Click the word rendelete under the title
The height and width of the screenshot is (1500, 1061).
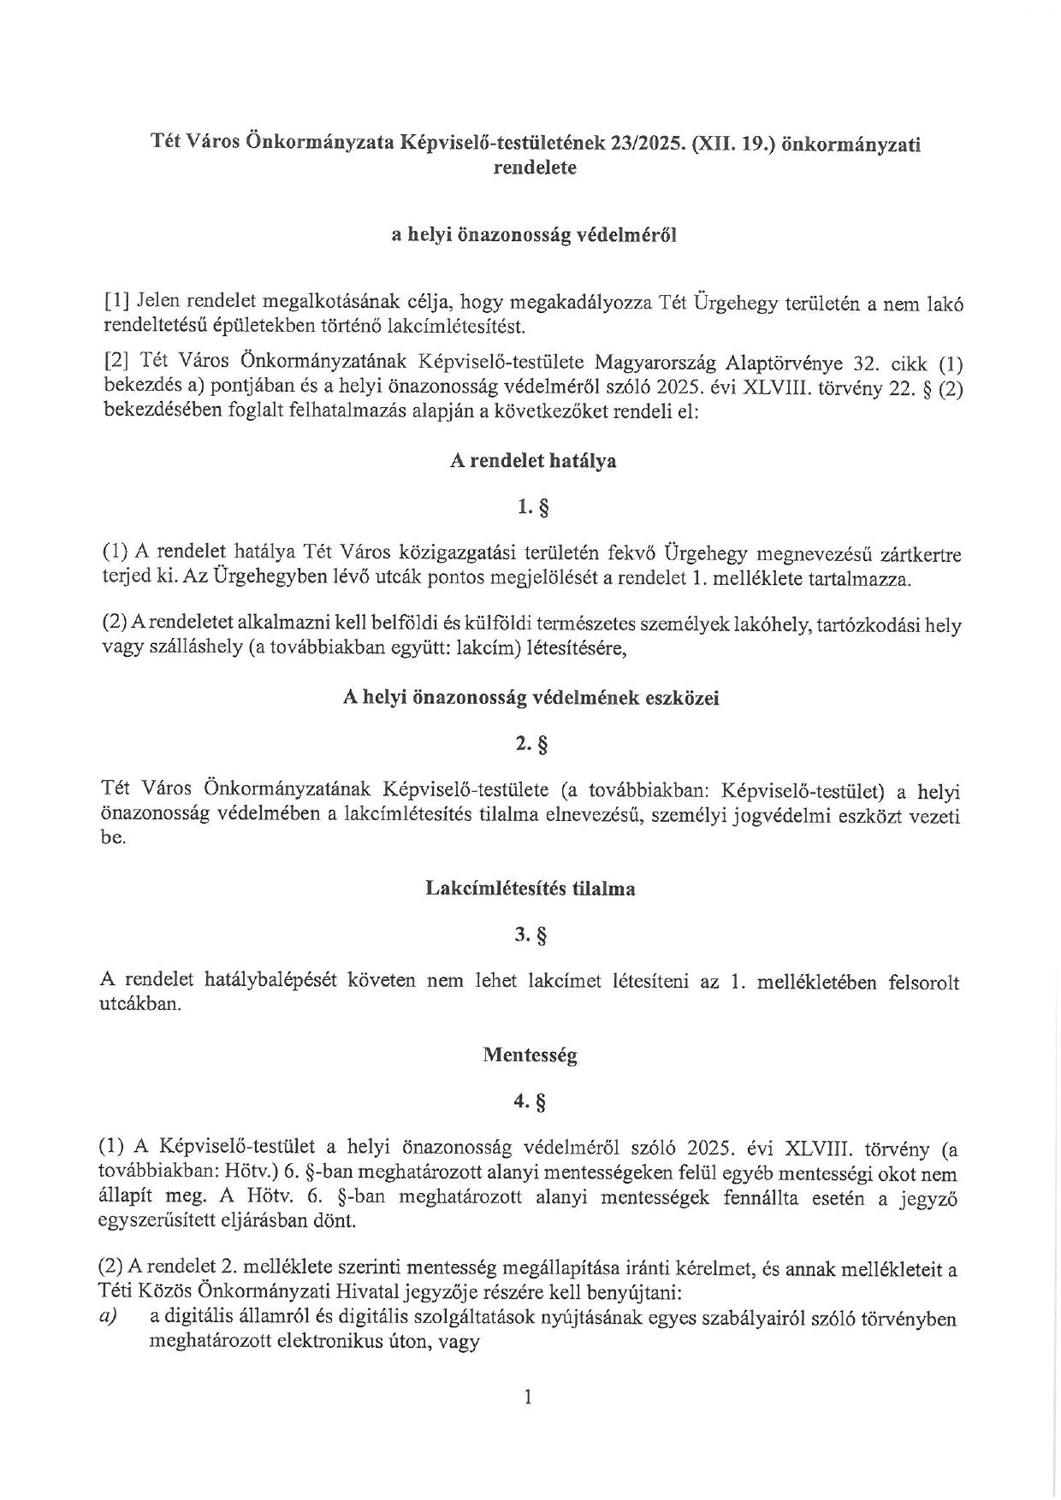click(535, 168)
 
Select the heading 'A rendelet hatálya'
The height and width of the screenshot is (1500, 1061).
click(533, 461)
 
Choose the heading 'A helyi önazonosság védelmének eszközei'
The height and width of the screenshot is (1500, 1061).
click(530, 698)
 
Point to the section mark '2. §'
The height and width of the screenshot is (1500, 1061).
click(532, 745)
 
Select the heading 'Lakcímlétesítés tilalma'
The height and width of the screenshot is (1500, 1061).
click(530, 889)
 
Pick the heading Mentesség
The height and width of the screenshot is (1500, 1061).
click(530, 1055)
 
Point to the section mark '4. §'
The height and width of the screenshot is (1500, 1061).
click(530, 1102)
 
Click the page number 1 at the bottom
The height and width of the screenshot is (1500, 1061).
click(528, 1397)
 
